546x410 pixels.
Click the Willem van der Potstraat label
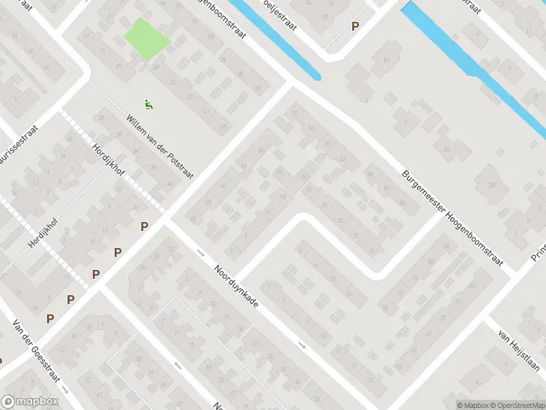coord(160,146)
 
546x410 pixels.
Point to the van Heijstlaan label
coord(518,351)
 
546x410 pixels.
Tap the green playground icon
coord(148,105)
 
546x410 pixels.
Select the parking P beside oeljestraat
coord(355,27)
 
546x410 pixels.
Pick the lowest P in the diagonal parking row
coord(50,318)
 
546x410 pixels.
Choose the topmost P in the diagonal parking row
coord(144,226)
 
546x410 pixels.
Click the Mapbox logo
coord(30,402)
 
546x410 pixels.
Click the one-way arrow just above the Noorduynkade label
coord(200,253)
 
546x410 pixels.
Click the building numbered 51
coord(386,60)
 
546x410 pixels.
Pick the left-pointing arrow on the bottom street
coord(178,366)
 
